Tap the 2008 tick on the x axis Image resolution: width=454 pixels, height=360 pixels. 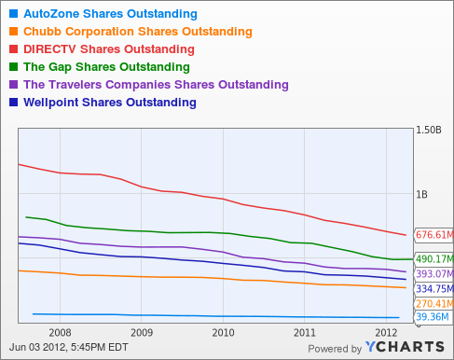[x=60, y=331]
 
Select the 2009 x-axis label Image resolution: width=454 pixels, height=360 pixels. [x=141, y=331]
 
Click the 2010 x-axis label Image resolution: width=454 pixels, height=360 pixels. [x=223, y=331]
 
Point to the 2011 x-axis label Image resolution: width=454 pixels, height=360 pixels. [x=304, y=331]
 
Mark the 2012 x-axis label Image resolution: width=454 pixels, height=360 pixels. [x=385, y=331]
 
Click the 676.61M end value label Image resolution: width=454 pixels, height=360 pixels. [x=433, y=234]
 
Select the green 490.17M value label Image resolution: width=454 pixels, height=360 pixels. [x=433, y=259]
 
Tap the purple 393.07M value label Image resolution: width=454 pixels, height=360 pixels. [x=433, y=274]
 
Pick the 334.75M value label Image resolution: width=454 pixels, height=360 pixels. [x=433, y=289]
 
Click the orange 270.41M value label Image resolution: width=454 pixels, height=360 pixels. [x=433, y=304]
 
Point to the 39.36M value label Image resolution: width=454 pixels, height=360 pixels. [x=432, y=317]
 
